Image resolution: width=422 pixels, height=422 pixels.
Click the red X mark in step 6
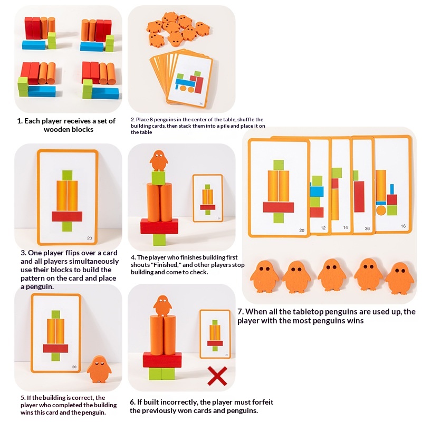pos(217,376)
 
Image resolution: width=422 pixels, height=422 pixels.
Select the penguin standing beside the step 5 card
pos(99,369)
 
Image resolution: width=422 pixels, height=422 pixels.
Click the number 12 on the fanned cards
pos(322,228)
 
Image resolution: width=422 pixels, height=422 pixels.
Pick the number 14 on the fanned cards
pos(345,228)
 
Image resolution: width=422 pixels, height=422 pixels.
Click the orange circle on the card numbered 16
pos(381,210)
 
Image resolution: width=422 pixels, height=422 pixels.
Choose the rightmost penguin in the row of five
pos(399,276)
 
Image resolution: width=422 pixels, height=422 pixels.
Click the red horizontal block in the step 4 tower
pos(159,226)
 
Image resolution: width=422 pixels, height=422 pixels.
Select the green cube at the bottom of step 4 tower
pos(159,239)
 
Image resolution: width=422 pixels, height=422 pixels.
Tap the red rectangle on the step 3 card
pos(67,216)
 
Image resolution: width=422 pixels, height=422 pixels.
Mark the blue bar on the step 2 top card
pos(183,82)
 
